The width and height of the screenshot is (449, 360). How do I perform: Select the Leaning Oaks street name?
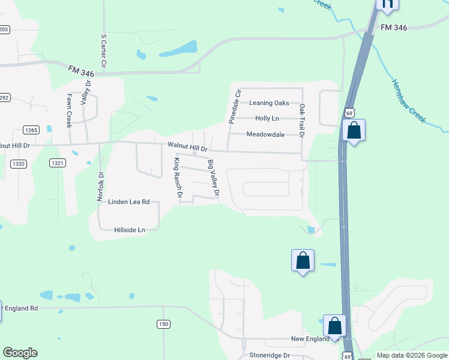click(x=269, y=103)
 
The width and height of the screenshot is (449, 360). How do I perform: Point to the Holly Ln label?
click(x=267, y=119)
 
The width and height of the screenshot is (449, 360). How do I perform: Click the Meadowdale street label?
click(x=265, y=134)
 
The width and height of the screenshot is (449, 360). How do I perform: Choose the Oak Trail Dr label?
click(x=302, y=121)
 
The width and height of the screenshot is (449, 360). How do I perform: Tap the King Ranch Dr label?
click(x=177, y=177)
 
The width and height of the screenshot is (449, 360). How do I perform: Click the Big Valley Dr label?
click(x=213, y=179)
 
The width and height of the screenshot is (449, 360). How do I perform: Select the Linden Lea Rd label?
click(x=128, y=202)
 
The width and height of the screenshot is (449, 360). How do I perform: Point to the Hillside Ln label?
click(x=130, y=230)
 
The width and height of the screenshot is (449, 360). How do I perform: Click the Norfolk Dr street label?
click(x=101, y=187)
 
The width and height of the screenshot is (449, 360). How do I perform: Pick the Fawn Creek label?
click(x=69, y=110)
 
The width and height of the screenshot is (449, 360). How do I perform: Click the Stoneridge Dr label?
click(x=270, y=355)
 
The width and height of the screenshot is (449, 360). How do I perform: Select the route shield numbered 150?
click(x=164, y=325)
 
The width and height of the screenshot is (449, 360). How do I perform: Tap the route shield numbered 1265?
click(x=31, y=130)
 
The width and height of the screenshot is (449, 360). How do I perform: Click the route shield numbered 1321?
click(x=58, y=163)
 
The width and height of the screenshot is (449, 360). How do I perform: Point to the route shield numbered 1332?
click(x=19, y=164)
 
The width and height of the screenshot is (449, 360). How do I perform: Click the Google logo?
click(x=20, y=353)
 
